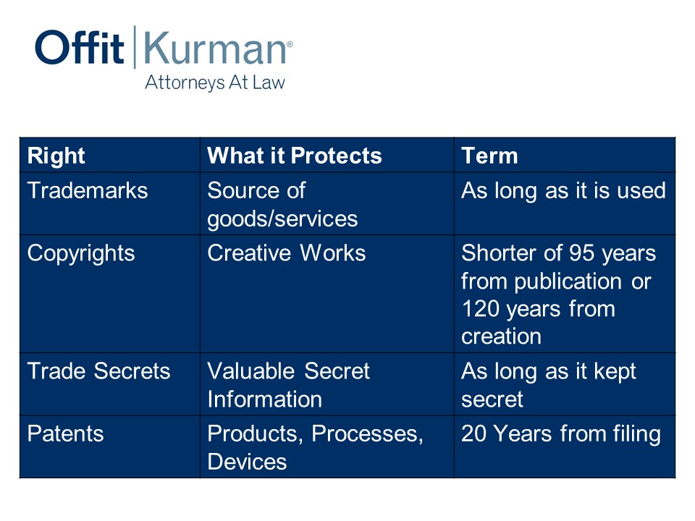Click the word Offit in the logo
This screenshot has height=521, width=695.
pos(80,47)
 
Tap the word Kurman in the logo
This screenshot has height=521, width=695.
pos(215,48)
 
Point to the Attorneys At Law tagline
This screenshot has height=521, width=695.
pos(215,82)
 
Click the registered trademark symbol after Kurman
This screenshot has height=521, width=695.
pos(290,44)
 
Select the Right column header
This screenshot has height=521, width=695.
pos(56,156)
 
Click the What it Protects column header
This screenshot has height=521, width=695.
pos(295,156)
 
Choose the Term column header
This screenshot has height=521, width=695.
pos(489,156)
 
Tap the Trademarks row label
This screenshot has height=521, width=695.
pos(88,190)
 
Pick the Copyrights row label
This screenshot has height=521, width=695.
pos(80,254)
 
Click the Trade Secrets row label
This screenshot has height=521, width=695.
pos(98,370)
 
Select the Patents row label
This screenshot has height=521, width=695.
pos(65,433)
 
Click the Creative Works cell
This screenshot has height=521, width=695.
pos(287,253)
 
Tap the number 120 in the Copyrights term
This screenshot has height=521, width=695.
pos(480,309)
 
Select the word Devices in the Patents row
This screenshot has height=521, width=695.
pos(247,462)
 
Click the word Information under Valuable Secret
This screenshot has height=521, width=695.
pos(265,399)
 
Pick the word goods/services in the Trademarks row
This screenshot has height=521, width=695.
pos(282,219)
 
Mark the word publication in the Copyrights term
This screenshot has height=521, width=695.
pos(568,281)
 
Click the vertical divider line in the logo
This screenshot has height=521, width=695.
pos(135,47)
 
